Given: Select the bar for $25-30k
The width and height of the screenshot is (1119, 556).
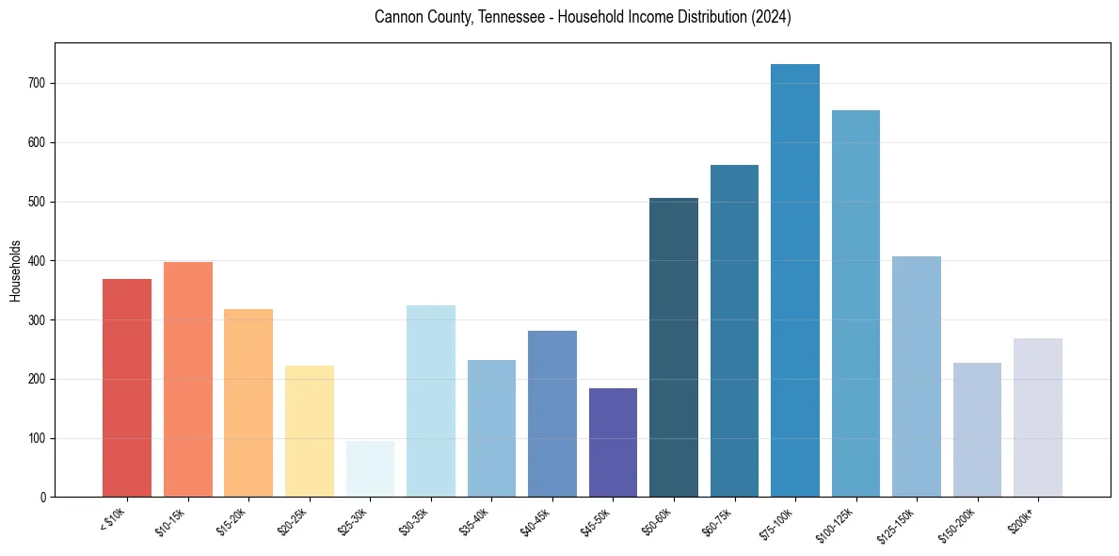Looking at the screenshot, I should coord(370,469).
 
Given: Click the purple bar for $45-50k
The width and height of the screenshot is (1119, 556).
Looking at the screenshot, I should coord(613,443).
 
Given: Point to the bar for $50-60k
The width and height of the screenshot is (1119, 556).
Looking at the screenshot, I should coord(674,348).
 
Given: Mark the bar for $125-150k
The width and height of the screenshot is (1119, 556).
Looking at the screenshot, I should coord(917,377).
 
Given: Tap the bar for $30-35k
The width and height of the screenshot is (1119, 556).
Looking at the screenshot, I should coord(431,401).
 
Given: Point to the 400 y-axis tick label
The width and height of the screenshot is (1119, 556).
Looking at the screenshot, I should coord(40,261).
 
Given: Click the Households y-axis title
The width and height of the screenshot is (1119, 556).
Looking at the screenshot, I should coord(15,270).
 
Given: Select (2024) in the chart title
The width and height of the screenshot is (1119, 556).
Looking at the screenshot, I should coord(770,18).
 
